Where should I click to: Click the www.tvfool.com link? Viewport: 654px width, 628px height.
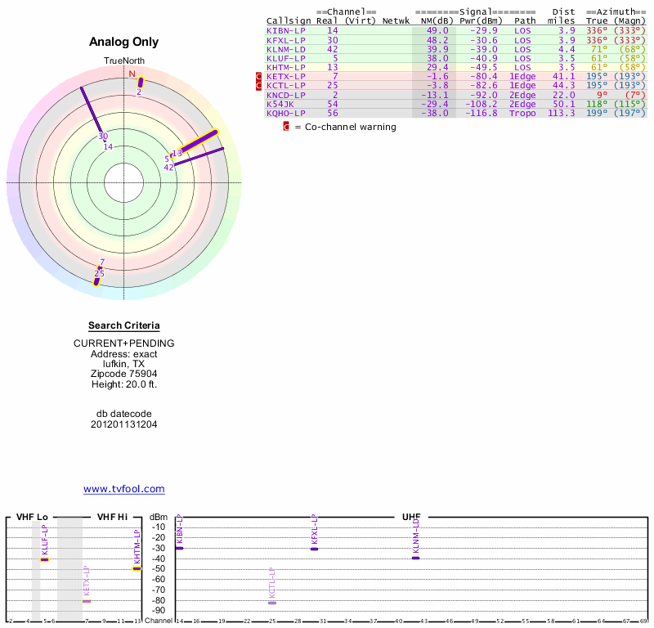[x=124, y=489]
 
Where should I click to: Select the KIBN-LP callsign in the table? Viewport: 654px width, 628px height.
[x=285, y=30]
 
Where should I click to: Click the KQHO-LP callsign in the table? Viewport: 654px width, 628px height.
[x=285, y=113]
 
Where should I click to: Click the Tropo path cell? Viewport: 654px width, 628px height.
[x=522, y=113]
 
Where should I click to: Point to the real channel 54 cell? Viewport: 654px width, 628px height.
[x=333, y=104]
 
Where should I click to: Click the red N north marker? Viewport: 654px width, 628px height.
[x=132, y=74]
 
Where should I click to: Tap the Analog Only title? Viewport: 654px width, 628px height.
[x=124, y=42]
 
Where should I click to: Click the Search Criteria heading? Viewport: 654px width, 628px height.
[x=124, y=325]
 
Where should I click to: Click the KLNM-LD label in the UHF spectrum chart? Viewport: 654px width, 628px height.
[x=416, y=532]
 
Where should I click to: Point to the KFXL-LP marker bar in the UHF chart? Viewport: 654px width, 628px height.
[x=314, y=549]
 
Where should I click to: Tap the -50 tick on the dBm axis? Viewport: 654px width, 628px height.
[x=159, y=568]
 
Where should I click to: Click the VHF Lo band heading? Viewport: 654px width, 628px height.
[x=32, y=517]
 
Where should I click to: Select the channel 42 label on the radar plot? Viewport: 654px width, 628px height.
[x=169, y=168]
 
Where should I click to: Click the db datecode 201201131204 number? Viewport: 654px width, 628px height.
[x=124, y=424]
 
